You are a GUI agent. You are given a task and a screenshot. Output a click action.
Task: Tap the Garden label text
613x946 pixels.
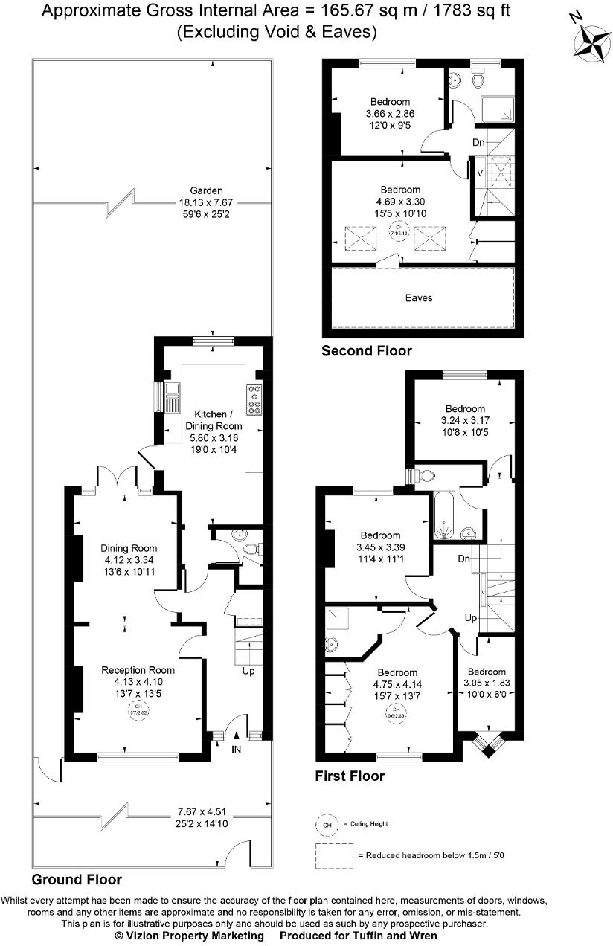click(206, 190)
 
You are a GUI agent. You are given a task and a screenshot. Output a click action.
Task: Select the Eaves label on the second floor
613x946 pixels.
click(419, 297)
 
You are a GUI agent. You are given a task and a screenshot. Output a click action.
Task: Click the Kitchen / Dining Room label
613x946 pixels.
click(218, 420)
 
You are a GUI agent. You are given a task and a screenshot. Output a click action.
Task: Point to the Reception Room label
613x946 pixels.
click(138, 669)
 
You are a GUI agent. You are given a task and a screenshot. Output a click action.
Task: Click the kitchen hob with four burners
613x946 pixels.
click(254, 399)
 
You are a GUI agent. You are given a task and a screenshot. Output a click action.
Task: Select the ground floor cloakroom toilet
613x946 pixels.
click(251, 550)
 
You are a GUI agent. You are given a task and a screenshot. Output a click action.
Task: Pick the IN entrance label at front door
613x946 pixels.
click(237, 749)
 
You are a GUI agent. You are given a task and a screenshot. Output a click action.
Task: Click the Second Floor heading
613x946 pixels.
click(366, 350)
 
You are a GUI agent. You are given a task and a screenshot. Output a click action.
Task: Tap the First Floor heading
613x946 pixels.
click(350, 776)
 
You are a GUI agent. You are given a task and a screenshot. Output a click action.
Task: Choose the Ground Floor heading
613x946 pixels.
click(77, 879)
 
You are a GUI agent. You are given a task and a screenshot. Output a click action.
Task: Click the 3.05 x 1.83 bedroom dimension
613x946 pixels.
click(487, 682)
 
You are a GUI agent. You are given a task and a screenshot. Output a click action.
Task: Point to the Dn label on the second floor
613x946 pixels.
click(478, 142)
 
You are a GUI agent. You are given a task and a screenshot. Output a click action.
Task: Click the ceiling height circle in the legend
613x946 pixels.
click(325, 824)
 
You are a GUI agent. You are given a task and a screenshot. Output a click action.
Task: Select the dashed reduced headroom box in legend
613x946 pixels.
click(333, 856)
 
